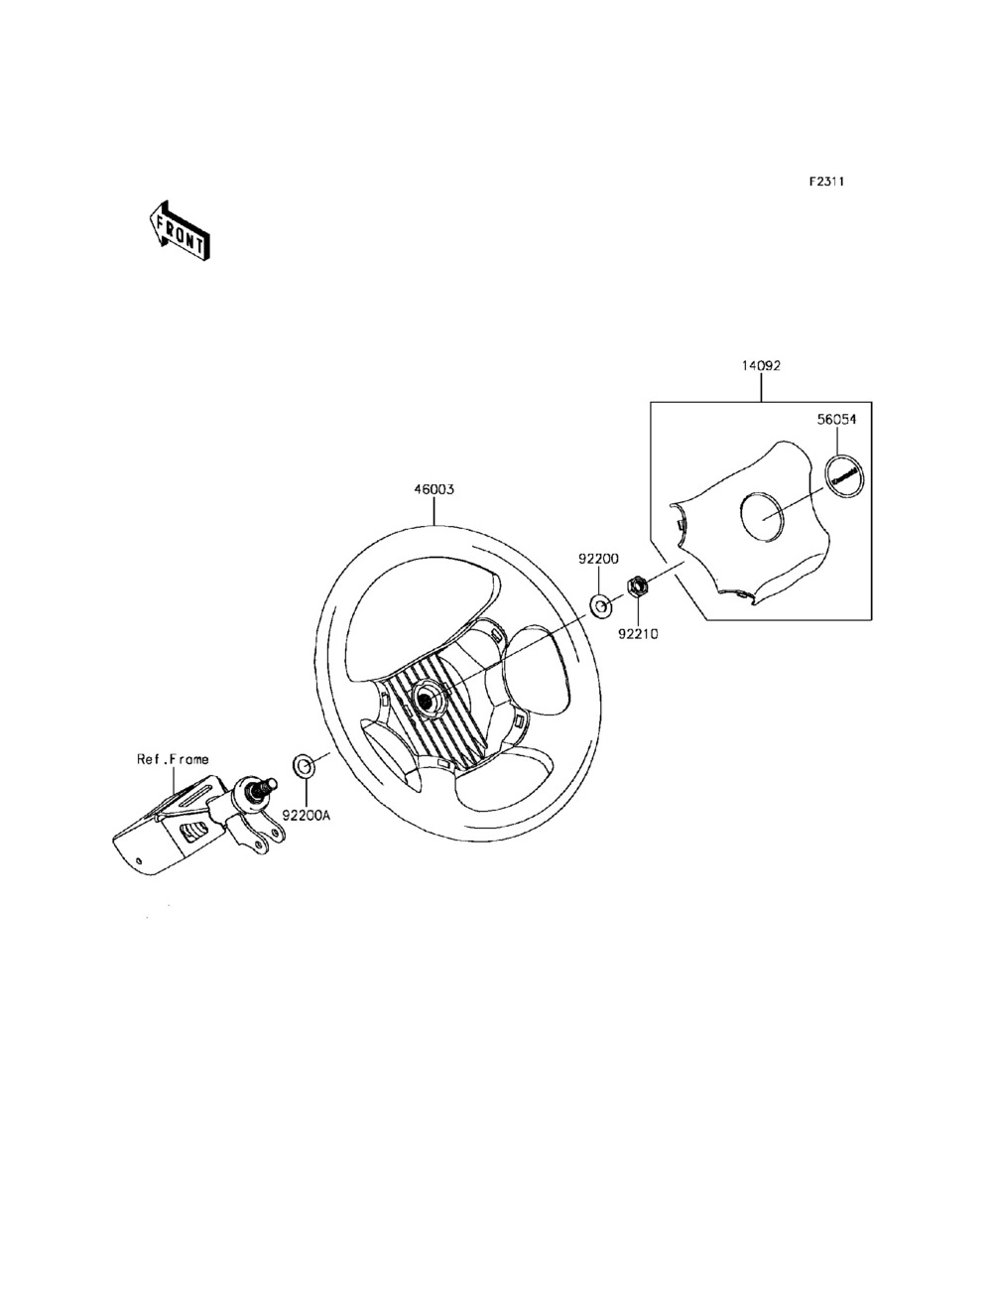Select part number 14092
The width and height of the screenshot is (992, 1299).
click(x=761, y=365)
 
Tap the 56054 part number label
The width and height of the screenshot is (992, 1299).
click(x=836, y=420)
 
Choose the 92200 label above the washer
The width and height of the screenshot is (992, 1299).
click(x=599, y=560)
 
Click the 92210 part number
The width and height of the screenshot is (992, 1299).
click(x=639, y=632)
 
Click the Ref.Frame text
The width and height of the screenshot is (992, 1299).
click(x=173, y=759)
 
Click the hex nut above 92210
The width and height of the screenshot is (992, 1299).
click(x=639, y=585)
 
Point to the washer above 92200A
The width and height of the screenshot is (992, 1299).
click(x=304, y=765)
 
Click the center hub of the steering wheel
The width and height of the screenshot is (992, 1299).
click(x=428, y=700)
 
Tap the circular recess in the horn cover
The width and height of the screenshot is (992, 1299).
click(x=762, y=517)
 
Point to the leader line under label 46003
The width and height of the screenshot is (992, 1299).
click(x=434, y=511)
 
